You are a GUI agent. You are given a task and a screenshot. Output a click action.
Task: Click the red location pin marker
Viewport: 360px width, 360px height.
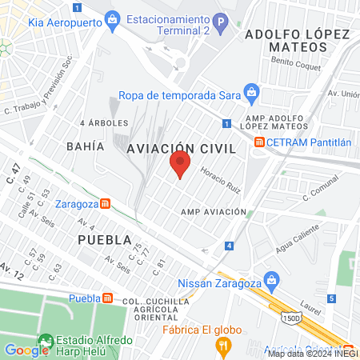pyautogui.click(x=181, y=165)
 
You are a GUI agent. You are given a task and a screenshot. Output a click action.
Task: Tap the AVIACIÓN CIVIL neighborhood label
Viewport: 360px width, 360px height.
pyautogui.click(x=182, y=148)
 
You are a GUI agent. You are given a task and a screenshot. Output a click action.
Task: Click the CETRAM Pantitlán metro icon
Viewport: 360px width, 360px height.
pyautogui.click(x=260, y=142)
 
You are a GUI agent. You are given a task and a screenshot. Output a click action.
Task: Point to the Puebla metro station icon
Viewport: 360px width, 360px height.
pyautogui.click(x=107, y=298)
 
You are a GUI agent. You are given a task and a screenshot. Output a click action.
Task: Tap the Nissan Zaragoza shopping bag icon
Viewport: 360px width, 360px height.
pyautogui.click(x=274, y=281)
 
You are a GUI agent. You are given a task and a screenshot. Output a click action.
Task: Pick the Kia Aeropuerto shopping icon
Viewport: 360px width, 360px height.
pyautogui.click(x=112, y=18)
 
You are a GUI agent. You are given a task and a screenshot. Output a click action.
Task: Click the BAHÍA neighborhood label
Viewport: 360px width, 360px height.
pyautogui.click(x=86, y=146)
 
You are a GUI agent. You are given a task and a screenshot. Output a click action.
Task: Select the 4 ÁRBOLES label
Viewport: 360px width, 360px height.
pyautogui.click(x=104, y=123)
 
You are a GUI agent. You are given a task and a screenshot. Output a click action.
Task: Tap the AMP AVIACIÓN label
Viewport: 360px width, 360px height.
pyautogui.click(x=214, y=211)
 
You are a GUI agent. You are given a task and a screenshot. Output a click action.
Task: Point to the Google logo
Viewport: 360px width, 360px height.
pyautogui.click(x=27, y=350)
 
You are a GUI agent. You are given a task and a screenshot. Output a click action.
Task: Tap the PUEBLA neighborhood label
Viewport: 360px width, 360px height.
pyautogui.click(x=104, y=240)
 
